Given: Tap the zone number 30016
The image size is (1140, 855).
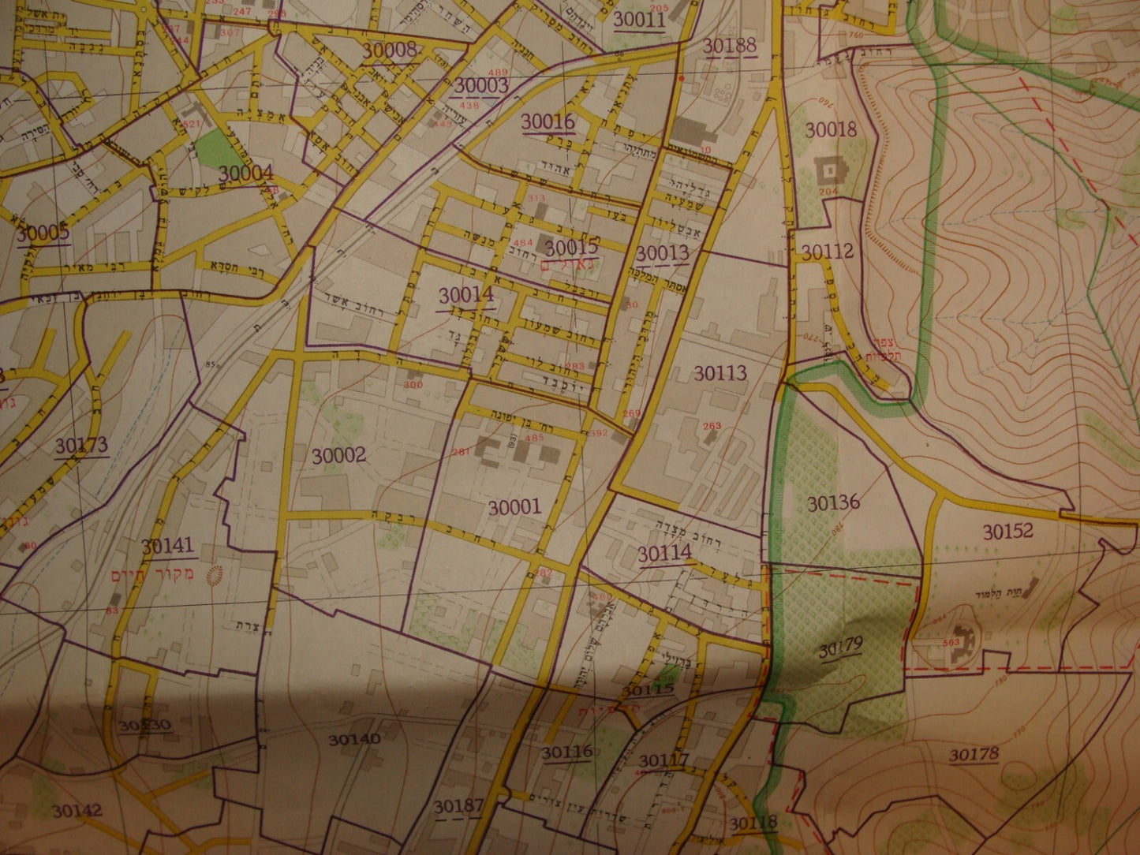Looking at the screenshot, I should [x=548, y=121].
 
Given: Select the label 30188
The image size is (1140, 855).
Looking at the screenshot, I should [x=730, y=45].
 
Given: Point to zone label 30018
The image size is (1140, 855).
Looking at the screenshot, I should [x=831, y=129].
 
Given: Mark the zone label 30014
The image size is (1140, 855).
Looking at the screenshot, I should [x=465, y=295].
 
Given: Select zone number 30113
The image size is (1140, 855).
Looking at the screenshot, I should [x=720, y=373].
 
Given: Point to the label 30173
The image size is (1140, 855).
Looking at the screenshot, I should [x=81, y=446].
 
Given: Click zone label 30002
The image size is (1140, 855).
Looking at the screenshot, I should [x=339, y=455].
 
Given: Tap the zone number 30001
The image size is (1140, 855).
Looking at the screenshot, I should [x=514, y=506].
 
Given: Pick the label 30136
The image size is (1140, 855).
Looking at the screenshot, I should [x=833, y=503].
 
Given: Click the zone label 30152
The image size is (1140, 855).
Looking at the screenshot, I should [x=1007, y=532].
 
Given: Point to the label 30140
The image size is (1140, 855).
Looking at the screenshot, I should [x=355, y=739].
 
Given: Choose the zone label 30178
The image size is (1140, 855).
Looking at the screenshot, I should [x=974, y=755].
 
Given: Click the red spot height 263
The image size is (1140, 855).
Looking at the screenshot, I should [x=712, y=426].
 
